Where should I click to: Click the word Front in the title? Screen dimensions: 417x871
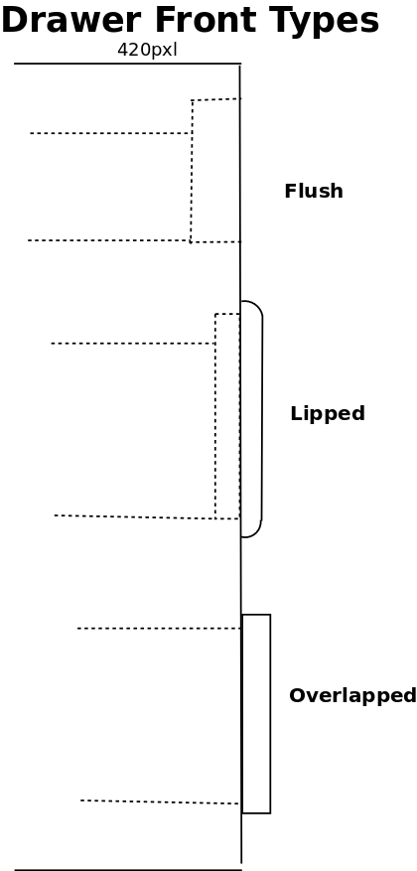pyautogui.click(x=206, y=20)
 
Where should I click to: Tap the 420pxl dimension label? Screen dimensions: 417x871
pyautogui.click(x=147, y=50)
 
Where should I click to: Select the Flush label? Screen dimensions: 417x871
pyautogui.click(x=314, y=191)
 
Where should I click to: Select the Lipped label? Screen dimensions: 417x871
pyautogui.click(x=328, y=414)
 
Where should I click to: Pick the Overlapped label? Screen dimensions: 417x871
pyautogui.click(x=352, y=695)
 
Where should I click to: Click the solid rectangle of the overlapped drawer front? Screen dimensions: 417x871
pyautogui.click(x=270, y=714)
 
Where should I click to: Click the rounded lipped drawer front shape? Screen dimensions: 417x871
pyautogui.click(x=261, y=419)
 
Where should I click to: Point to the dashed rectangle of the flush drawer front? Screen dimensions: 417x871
pyautogui.click(x=192, y=171)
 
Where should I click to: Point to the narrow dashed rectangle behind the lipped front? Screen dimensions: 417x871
pyautogui.click(x=215, y=416)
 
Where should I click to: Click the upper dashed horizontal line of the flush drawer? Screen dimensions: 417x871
pyautogui.click(x=110, y=133)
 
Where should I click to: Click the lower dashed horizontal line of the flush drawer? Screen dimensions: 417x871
pyautogui.click(x=109, y=240)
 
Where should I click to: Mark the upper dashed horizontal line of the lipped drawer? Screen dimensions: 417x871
pyautogui.click(x=133, y=344)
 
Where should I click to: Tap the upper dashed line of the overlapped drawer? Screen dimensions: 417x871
pyautogui.click(x=159, y=629)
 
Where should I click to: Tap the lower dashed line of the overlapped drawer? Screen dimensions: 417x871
pyautogui.click(x=160, y=802)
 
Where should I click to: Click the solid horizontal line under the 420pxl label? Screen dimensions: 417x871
pyautogui.click(x=128, y=64)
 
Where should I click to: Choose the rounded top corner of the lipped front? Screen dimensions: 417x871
pyautogui.click(x=257, y=306)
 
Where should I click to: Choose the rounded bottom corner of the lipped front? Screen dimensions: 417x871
pyautogui.click(x=256, y=532)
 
